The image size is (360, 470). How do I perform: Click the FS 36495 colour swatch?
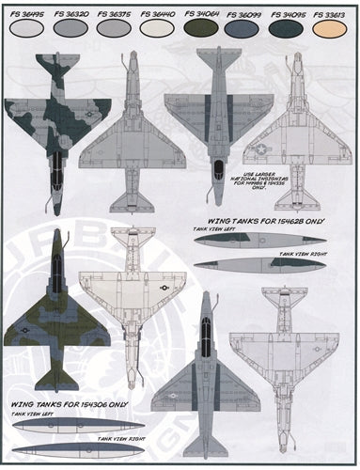tap(23, 29)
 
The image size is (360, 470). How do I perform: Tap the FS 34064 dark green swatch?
tap(202, 29)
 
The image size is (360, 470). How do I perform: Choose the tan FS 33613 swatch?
tap(334, 29)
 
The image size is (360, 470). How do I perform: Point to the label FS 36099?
tap(246, 13)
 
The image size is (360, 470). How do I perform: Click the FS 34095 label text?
tap(290, 13)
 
